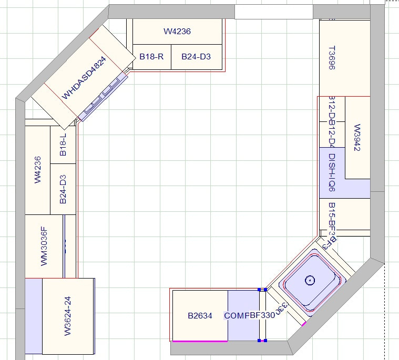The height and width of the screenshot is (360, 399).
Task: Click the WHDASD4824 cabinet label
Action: click(x=84, y=78)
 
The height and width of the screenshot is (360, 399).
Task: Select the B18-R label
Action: click(x=151, y=56)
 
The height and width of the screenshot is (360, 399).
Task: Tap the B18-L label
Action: click(x=63, y=145)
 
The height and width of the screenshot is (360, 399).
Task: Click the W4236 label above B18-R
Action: click(x=177, y=32)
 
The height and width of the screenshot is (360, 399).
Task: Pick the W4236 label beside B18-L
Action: click(x=37, y=170)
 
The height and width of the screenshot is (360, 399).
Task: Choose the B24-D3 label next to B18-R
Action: click(x=196, y=56)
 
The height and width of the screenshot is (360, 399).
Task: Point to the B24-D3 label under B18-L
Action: click(x=63, y=189)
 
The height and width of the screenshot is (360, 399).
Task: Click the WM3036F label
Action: click(x=44, y=245)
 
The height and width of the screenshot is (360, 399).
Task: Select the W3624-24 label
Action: click(x=67, y=316)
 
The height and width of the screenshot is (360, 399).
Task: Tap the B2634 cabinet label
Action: click(x=200, y=316)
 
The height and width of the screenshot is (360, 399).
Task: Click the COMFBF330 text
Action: click(x=249, y=316)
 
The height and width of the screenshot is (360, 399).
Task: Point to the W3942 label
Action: click(x=357, y=138)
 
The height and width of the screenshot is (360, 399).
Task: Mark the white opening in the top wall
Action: click(x=273, y=12)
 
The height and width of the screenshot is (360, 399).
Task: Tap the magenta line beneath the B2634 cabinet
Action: click(x=200, y=341)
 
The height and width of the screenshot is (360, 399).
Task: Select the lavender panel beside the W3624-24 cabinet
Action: click(x=34, y=316)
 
